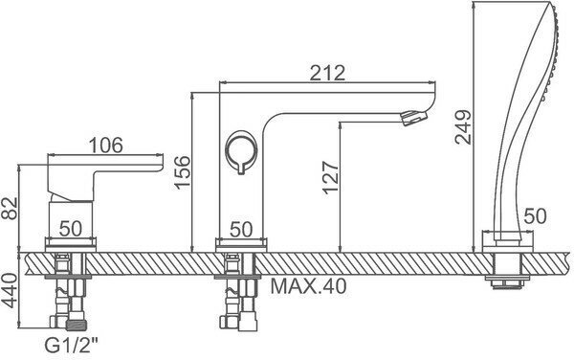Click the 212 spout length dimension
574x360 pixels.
[x=327, y=73]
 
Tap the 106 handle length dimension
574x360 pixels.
[x=106, y=146]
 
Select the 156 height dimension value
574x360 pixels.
[x=183, y=172]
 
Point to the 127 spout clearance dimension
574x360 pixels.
[x=331, y=177]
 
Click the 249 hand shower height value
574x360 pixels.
[x=463, y=126]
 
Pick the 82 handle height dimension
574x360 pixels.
[x=10, y=208]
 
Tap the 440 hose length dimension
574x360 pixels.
[x=10, y=291]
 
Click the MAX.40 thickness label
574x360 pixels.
[x=308, y=286]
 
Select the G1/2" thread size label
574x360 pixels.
[x=72, y=345]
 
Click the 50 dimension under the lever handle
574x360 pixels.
[x=71, y=229]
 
